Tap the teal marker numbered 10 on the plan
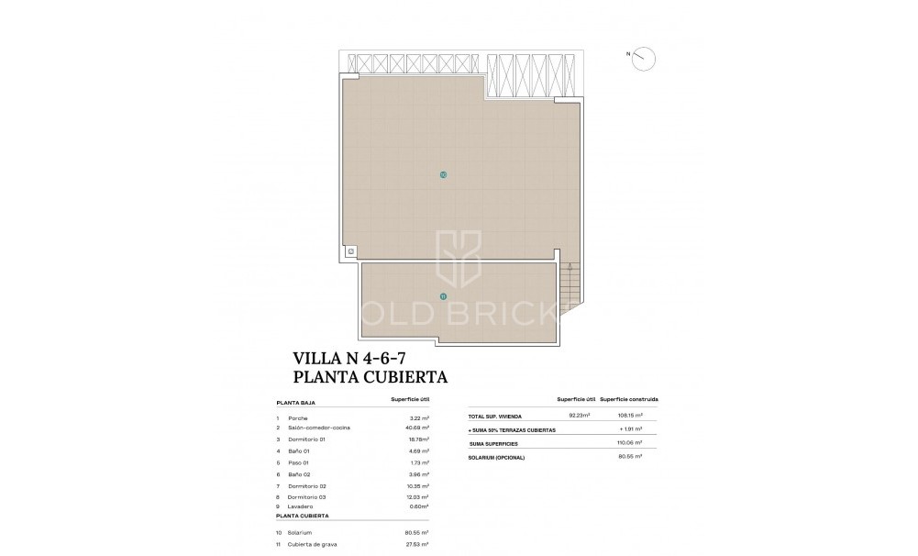(x=444, y=174)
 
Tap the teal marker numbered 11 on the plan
(x=444, y=296)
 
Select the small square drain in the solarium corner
(x=350, y=250)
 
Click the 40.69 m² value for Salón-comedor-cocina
(x=416, y=428)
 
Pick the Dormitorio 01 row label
(x=306, y=439)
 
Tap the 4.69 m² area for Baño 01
(x=418, y=450)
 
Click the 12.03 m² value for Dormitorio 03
(x=417, y=496)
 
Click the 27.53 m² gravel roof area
(x=417, y=545)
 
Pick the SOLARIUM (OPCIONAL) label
(x=500, y=456)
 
